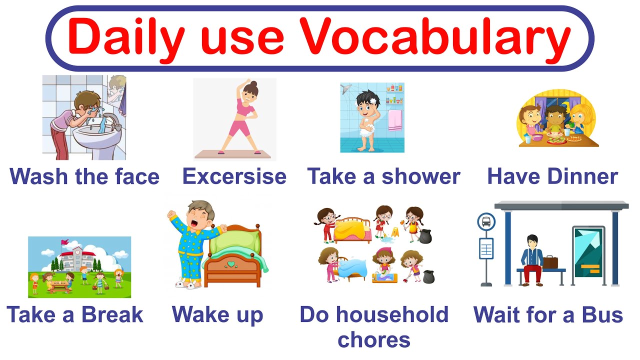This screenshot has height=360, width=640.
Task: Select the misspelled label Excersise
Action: coord(234,176)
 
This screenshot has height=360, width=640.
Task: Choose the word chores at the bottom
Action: coord(374,340)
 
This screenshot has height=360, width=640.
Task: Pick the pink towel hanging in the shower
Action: coord(395,120)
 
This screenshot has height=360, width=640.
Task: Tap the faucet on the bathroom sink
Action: coord(111,119)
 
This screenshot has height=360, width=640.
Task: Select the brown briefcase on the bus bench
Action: coord(550,261)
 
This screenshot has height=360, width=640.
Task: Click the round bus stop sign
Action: coord(486,221)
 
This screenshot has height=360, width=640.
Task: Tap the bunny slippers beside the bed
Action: coord(186,284)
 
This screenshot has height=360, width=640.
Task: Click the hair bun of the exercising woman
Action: coord(254,84)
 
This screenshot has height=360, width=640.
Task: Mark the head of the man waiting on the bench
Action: coord(532,241)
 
